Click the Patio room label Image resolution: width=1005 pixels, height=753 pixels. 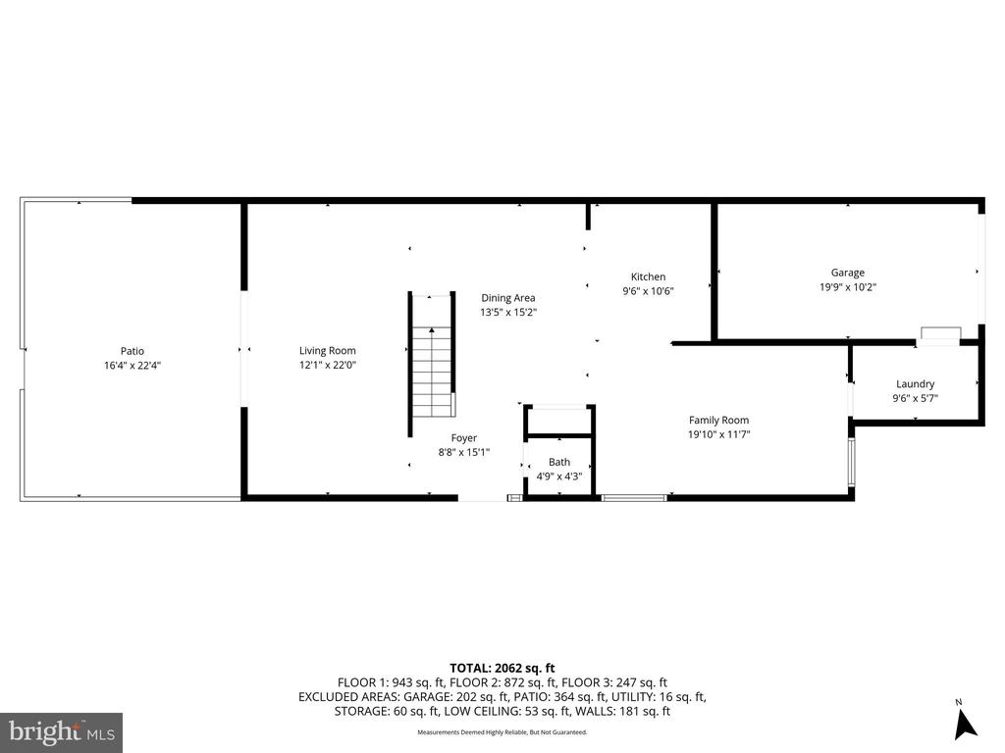(132, 351)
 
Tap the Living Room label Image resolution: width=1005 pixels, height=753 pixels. (328, 351)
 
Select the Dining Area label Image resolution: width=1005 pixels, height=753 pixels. (507, 298)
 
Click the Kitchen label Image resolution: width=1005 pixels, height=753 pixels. (648, 277)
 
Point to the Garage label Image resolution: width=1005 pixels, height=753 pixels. (848, 274)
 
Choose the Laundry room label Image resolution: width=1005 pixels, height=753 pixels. (915, 384)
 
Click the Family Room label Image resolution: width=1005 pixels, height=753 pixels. (718, 421)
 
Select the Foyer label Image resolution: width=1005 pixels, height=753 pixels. (464, 438)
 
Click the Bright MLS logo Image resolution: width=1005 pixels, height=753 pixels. (61, 731)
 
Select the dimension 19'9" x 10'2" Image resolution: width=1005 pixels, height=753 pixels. (848, 287)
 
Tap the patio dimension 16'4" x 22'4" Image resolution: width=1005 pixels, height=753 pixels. (132, 366)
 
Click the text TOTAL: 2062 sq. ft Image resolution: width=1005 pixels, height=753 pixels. (502, 667)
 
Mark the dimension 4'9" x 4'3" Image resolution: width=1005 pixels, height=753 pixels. (559, 477)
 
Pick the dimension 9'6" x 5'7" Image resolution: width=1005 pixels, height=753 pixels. (915, 398)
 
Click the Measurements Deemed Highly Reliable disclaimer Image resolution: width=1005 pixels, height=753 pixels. (502, 732)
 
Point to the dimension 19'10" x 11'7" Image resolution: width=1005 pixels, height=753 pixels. (718, 434)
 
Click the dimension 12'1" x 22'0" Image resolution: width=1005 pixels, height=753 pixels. (328, 366)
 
